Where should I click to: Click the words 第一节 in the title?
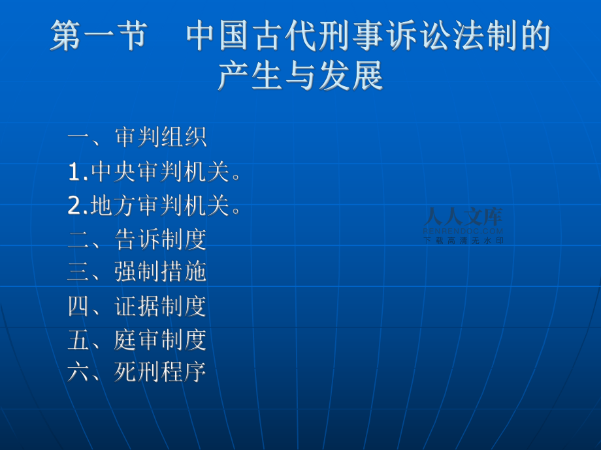[99, 35]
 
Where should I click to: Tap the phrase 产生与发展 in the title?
[301, 76]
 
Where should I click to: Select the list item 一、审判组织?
[137, 136]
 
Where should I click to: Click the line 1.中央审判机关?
[154, 171]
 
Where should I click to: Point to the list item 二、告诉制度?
[137, 239]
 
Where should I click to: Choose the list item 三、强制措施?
[137, 272]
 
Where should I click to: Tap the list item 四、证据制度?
[137, 306]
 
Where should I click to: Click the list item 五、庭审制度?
[137, 339]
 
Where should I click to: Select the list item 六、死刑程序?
[137, 372]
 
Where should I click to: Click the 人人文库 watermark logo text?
[463, 217]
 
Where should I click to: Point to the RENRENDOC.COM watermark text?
[463, 231]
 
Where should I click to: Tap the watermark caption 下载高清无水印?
[463, 241]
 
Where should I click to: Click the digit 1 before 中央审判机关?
[74, 172]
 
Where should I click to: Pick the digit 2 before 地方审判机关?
[74, 205]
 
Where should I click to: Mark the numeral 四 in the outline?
[78, 306]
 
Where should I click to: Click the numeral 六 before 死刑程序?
[78, 372]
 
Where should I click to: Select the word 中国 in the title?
[219, 35]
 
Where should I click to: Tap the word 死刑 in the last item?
[137, 372]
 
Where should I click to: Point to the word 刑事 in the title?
[352, 35]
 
